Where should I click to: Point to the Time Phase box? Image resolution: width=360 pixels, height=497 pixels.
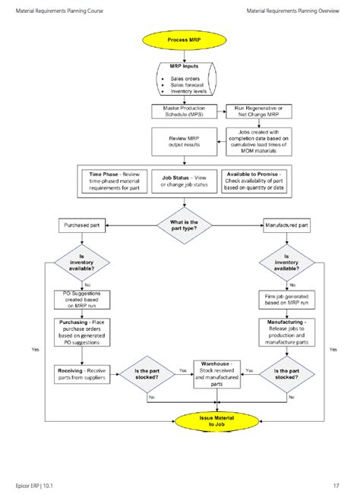click(x=112, y=181)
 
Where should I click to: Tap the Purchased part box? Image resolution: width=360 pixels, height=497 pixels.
click(x=83, y=225)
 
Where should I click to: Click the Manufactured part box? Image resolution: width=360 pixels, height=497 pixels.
click(x=286, y=225)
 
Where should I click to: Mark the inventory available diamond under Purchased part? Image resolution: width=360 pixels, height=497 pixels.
click(x=83, y=263)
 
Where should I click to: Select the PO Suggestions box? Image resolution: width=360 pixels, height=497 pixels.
click(x=83, y=299)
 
